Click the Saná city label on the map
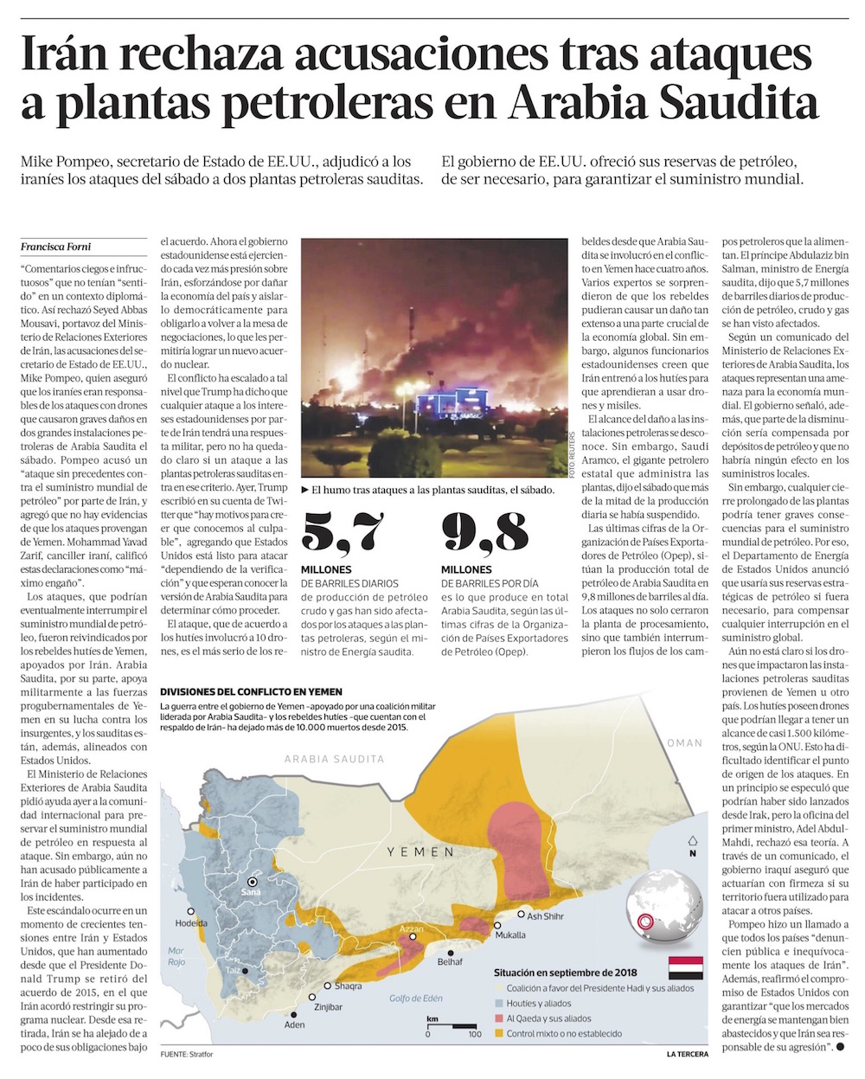click(251, 891)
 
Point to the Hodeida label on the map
click(191, 923)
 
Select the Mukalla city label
click(510, 934)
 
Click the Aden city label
click(295, 1025)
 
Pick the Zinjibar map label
click(329, 1007)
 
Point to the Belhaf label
click(450, 961)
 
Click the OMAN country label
click(684, 742)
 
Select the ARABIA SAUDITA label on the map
click(335, 759)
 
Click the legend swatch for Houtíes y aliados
click(499, 1004)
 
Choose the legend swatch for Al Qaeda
click(499, 1018)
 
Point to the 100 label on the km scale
click(474, 1034)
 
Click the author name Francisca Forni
click(54, 247)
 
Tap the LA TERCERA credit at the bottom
click(687, 1054)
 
